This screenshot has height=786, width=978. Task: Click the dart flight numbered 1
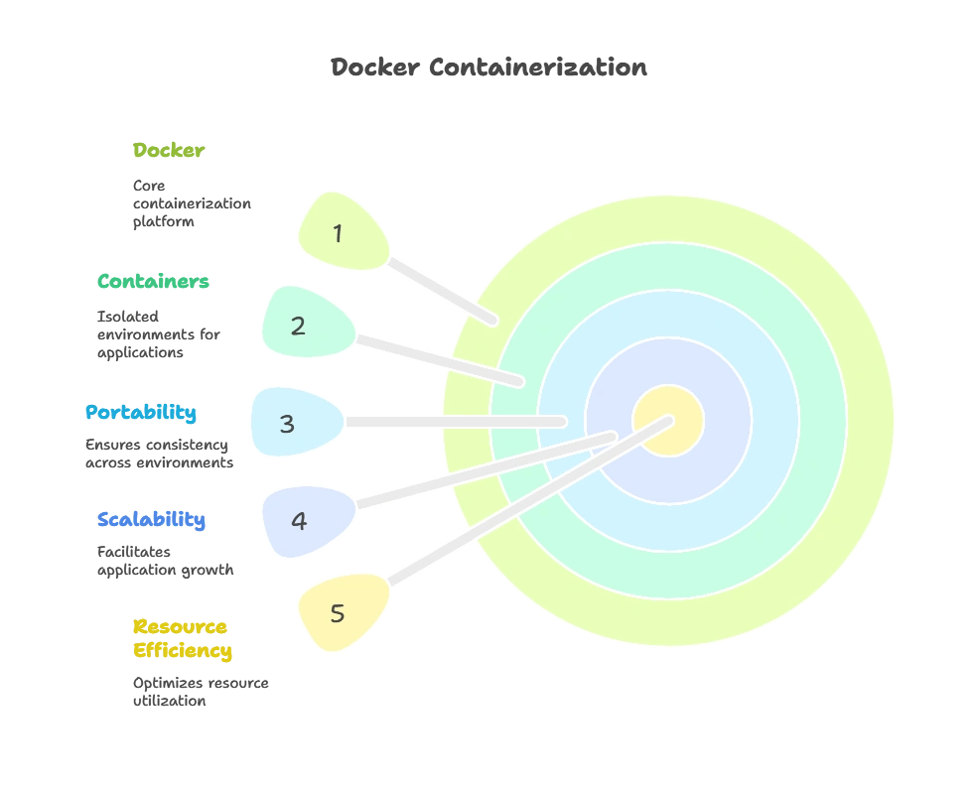341,232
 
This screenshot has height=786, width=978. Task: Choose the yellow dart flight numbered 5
341,612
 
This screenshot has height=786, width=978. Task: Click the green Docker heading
169,150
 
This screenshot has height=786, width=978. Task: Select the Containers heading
154,281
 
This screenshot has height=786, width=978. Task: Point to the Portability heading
140,412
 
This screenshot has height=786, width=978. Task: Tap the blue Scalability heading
151,519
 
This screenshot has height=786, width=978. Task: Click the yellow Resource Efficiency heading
182,639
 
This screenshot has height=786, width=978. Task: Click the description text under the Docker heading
189,202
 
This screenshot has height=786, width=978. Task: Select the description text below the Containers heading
158,335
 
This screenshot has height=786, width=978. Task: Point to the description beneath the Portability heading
158,452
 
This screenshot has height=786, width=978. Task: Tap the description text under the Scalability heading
166,560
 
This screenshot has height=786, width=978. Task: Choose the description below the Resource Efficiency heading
198,690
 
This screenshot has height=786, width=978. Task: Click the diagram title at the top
489,68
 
